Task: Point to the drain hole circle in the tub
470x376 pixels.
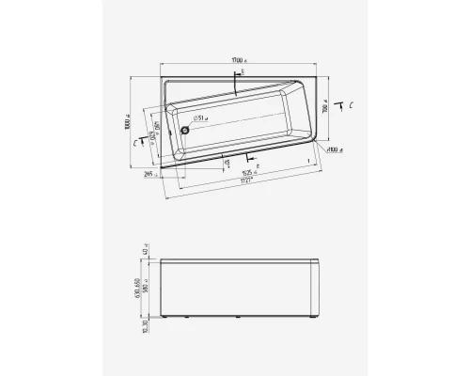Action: tap(185, 130)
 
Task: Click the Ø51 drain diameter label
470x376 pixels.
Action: tap(199, 118)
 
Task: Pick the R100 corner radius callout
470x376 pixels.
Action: tap(335, 149)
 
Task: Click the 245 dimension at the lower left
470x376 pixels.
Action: tap(149, 174)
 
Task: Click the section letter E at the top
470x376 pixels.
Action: tap(243, 72)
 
